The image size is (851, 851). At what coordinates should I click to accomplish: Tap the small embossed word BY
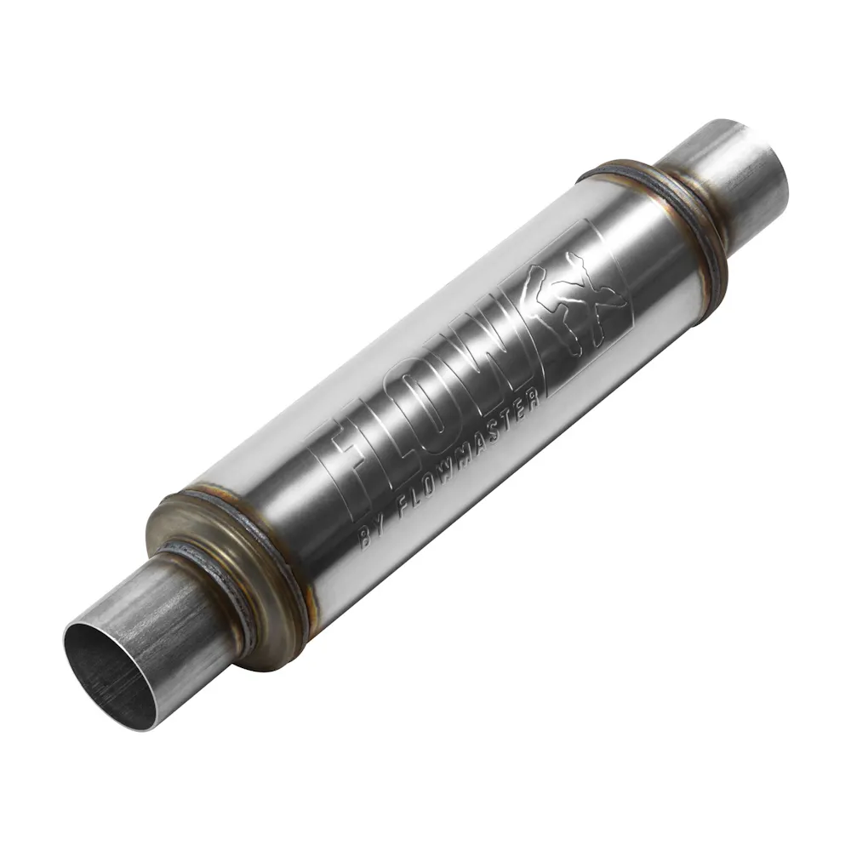(x=372, y=535)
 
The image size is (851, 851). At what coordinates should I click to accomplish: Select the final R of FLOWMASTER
(x=534, y=399)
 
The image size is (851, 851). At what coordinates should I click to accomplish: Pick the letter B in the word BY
(x=366, y=540)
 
